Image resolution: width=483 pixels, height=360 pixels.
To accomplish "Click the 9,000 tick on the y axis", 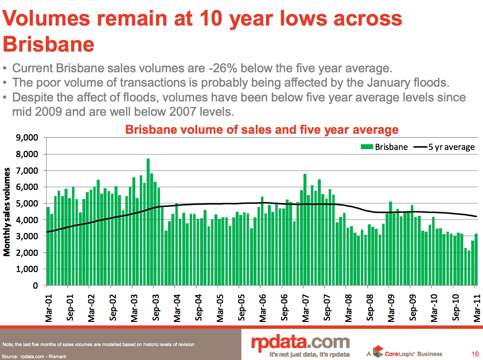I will [x=27, y=138].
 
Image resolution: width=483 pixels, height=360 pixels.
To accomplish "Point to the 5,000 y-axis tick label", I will [x=27, y=203].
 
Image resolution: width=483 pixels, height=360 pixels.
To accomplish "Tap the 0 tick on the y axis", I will [x=35, y=285].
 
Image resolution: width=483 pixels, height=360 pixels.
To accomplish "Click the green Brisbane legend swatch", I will [x=367, y=147].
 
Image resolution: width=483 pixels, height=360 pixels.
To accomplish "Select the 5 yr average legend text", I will [x=452, y=147].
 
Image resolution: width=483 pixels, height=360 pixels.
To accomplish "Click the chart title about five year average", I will [x=261, y=130].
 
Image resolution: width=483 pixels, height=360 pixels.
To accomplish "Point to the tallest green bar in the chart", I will [x=148, y=222].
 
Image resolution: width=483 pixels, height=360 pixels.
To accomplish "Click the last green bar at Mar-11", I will [x=476, y=259].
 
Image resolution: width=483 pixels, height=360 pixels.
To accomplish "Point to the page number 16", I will [x=474, y=353].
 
